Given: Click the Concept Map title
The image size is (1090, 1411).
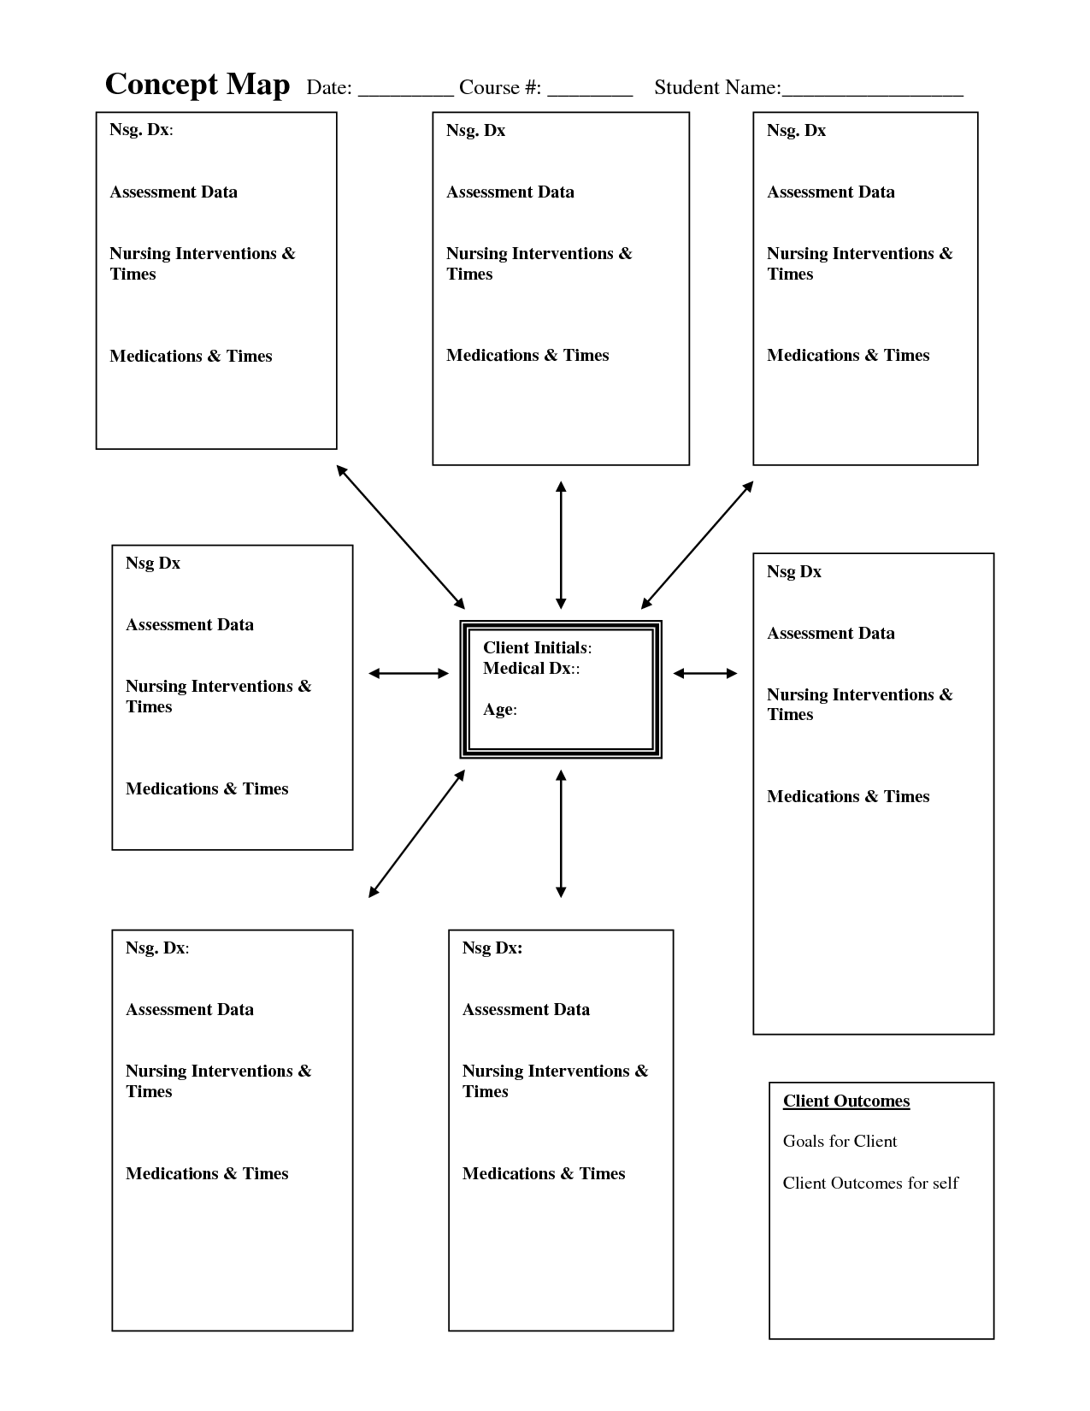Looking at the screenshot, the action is [197, 85].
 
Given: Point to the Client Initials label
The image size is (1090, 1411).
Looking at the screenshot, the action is [537, 647].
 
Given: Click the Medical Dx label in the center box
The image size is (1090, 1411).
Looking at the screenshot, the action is [531, 668].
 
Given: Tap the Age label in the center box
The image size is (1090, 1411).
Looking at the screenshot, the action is [500, 709].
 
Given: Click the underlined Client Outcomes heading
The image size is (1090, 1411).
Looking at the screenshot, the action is [845, 1101].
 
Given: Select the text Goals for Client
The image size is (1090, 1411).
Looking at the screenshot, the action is [840, 1141].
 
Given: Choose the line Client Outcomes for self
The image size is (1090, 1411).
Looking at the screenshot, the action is [870, 1183].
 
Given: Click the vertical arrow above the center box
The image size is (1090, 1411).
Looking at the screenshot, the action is [561, 545].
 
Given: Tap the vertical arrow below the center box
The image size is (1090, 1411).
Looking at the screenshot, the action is [561, 834].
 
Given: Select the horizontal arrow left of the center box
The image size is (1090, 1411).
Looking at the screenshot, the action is [409, 673].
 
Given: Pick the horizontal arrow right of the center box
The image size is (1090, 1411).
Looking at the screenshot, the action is [705, 673].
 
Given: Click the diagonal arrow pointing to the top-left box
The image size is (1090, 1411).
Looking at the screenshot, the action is [401, 537].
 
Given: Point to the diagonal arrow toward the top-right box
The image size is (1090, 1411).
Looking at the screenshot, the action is [698, 545].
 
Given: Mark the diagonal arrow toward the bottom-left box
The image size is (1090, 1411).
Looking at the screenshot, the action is [417, 834].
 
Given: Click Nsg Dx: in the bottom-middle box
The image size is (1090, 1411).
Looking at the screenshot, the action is [492, 948].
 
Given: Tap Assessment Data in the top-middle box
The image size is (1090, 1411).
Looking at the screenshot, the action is [510, 192].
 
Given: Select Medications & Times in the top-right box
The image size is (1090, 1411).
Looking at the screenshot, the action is [848, 355].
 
